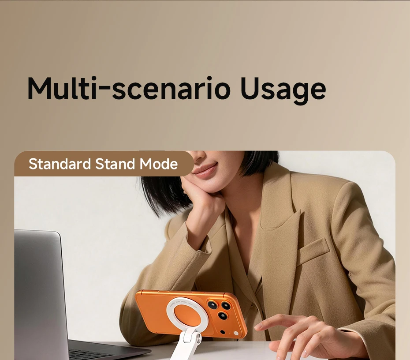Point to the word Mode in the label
(x=159, y=164)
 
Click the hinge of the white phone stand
(x=194, y=339)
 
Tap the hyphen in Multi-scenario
(x=103, y=92)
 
